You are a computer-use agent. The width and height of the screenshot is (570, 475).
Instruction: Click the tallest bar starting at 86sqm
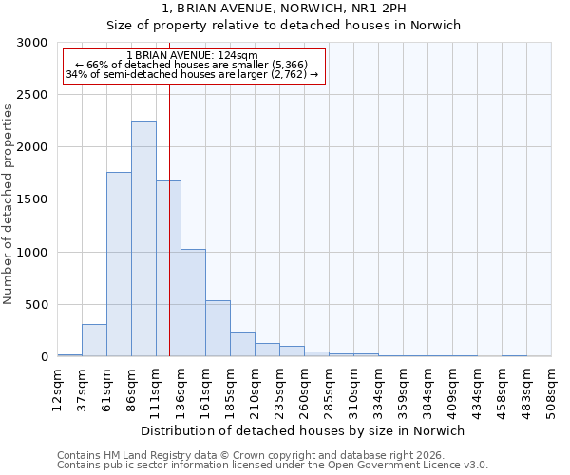click(x=143, y=238)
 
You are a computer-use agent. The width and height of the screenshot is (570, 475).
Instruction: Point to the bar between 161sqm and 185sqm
click(x=218, y=329)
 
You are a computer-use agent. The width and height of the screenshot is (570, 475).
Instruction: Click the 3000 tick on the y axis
click(x=31, y=44)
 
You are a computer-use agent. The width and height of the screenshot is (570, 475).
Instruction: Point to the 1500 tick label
click(x=31, y=200)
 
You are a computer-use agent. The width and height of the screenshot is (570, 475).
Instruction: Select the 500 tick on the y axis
click(x=35, y=305)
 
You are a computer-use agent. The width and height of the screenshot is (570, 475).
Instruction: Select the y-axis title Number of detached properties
click(x=9, y=204)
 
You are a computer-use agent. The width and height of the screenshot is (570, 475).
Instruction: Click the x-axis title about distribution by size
click(x=301, y=430)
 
